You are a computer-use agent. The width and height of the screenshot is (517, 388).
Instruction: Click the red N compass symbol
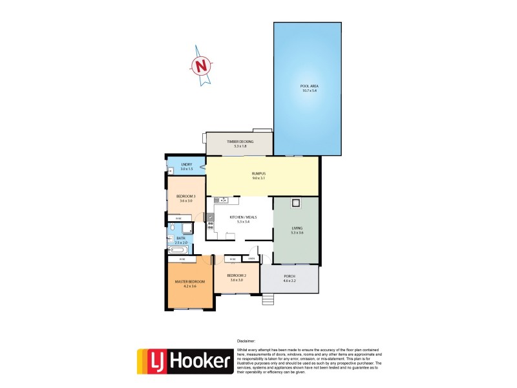pos(202,65)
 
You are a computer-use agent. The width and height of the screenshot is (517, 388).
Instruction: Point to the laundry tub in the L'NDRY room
pos(171,171)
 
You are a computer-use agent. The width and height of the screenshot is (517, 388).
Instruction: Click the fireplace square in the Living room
pos(296,204)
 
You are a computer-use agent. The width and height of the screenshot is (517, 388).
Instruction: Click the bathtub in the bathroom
pos(180,250)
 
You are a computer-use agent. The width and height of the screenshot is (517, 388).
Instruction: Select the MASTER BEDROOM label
pos(190,282)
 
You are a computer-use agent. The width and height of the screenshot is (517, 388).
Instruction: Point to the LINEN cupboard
pos(252,259)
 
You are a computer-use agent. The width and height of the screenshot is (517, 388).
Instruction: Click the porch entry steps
pos(269,299)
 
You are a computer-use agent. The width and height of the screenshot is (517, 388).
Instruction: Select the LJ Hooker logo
pos(185,361)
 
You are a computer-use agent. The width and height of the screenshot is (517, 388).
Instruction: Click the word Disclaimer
pos(246,341)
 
